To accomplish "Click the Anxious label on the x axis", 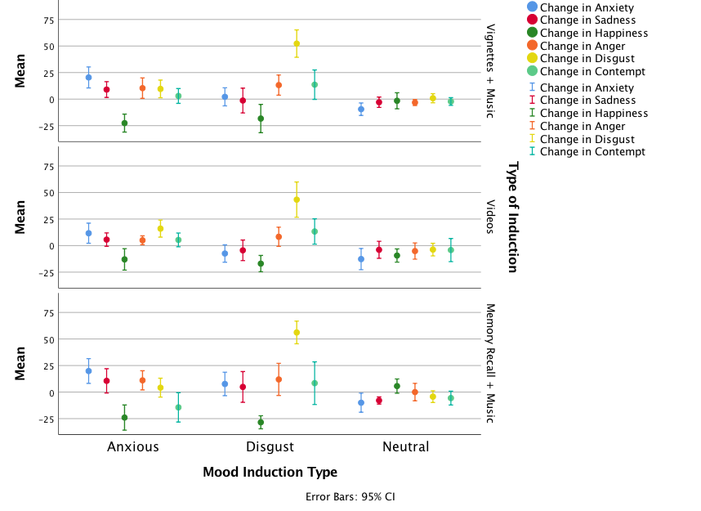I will coord(133,446).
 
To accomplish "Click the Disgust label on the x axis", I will coord(270,446).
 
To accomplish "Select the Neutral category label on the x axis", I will coord(405,446).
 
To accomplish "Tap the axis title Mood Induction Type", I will coord(270,472).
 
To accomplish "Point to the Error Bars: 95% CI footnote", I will coord(350,496).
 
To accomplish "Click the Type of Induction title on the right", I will coord(513,217).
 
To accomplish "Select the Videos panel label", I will coord(491,216).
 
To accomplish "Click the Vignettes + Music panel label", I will coord(491,70).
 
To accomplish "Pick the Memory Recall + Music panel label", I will coord(491,363).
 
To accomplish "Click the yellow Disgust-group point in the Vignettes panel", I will coord(297,44).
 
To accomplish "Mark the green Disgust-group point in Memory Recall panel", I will coord(261,423).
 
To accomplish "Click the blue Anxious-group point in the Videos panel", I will coord(88,234).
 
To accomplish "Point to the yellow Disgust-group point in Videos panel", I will coord(297,199).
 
